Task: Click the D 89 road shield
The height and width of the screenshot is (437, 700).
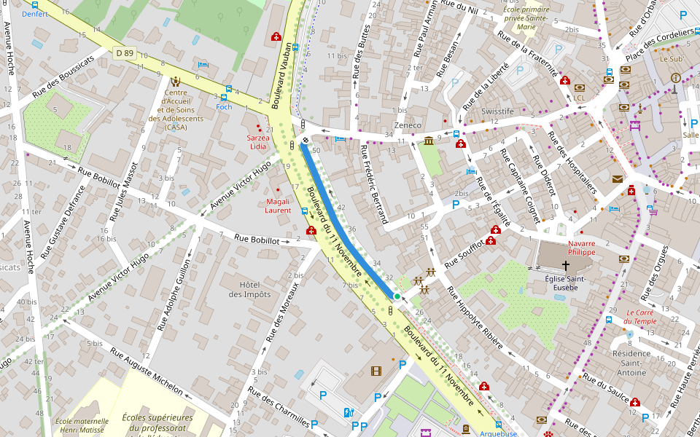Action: point(125,52)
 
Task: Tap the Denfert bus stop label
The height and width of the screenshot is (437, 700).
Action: point(34,14)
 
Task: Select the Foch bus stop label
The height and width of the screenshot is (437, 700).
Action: point(224,106)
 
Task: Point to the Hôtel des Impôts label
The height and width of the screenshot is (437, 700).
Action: point(249,289)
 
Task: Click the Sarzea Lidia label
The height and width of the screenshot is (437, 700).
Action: point(258,142)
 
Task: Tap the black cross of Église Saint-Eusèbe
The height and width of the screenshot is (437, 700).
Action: point(565,267)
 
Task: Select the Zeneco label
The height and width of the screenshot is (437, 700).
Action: point(408,125)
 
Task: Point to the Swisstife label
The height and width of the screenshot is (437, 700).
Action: point(497,111)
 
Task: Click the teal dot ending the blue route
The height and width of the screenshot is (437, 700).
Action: point(397,296)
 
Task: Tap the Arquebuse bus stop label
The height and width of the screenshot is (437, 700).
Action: point(499,433)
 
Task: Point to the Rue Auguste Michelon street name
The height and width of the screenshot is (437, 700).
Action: point(147,371)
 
